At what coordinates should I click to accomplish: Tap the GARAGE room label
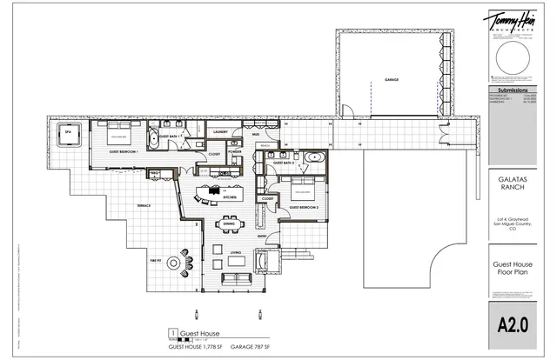pyautogui.click(x=392, y=79)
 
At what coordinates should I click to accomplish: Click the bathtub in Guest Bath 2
pyautogui.click(x=316, y=161)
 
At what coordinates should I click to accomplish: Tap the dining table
pyautogui.click(x=230, y=231)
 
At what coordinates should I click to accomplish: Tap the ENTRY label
pyautogui.click(x=262, y=236)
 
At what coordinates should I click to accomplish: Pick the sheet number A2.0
pyautogui.click(x=514, y=325)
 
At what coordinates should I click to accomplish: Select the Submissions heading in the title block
pyautogui.click(x=514, y=90)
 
